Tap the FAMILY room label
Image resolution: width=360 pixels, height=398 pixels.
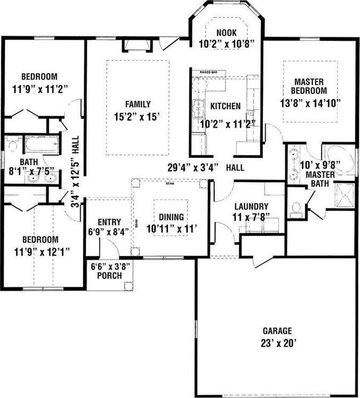[137, 104]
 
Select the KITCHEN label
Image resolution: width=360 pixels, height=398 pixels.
[225, 107]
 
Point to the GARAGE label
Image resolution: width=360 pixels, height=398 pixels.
[274, 329]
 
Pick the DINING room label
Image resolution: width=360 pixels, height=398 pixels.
[171, 217]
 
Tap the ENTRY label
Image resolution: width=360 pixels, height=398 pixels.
[109, 222]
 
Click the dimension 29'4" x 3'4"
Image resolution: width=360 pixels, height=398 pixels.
[191, 167]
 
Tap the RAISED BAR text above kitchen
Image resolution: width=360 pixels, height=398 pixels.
[208, 72]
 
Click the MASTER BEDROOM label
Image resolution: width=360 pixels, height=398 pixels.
[309, 86]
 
